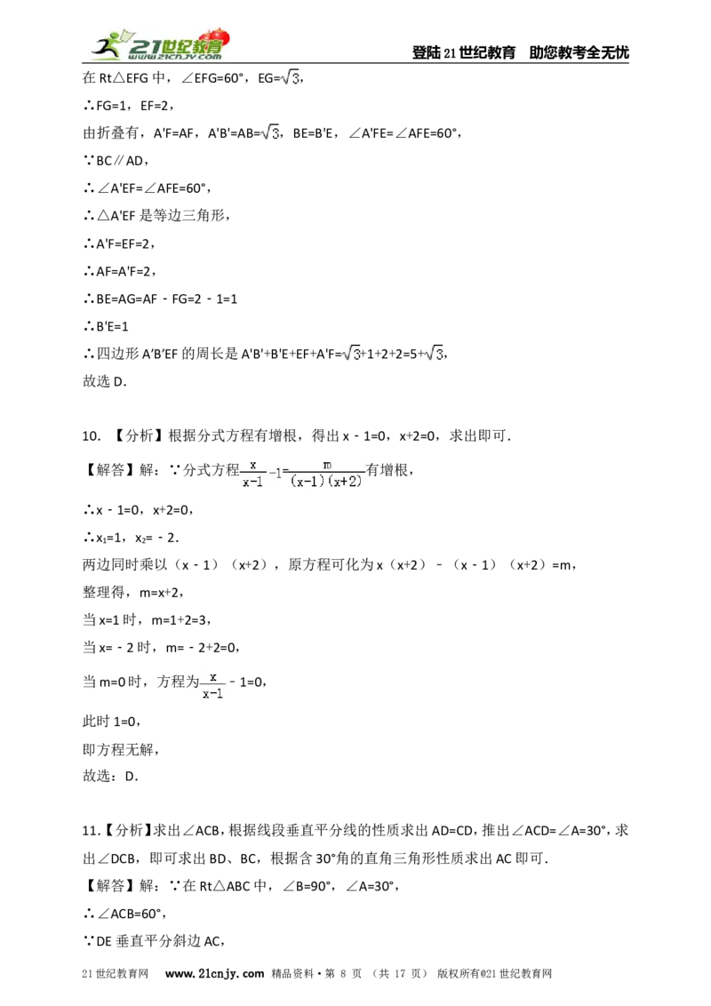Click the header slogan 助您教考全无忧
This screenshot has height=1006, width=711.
[x=579, y=52]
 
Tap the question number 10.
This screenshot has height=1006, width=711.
[x=92, y=436]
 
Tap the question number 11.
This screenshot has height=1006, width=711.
[x=92, y=831]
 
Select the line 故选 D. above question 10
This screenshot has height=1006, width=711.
[x=105, y=381]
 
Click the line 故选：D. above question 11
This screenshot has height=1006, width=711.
[x=110, y=776]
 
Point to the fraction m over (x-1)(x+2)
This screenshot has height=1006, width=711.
[x=327, y=474]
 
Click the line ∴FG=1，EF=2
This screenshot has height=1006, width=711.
[x=128, y=105]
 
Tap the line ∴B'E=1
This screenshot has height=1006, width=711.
[x=106, y=326]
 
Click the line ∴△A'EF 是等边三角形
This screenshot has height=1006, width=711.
[x=156, y=216]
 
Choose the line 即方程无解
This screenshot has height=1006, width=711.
[x=121, y=749]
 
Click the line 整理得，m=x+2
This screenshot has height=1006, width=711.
[x=132, y=592]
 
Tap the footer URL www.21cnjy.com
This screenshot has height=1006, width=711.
[x=214, y=973]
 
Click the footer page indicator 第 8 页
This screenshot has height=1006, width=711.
[x=343, y=973]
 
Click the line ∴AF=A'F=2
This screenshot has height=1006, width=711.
[x=119, y=271]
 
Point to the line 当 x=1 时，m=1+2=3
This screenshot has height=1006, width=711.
[x=147, y=619]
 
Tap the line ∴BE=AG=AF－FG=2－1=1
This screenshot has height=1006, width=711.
[x=160, y=299]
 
